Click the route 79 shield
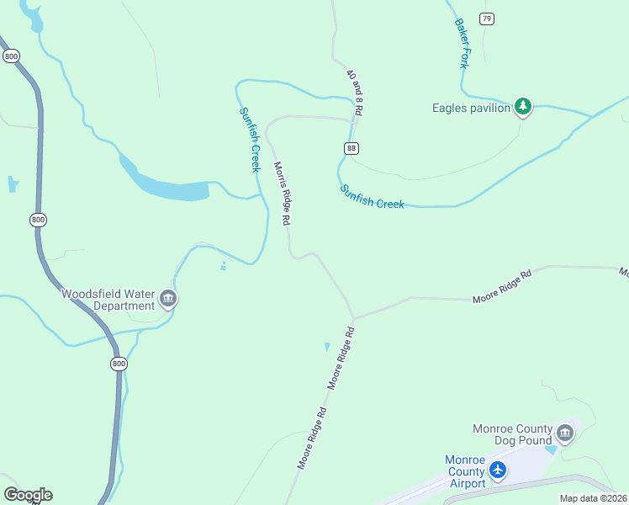(x=486, y=19)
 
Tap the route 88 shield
(x=351, y=148)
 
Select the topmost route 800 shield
(x=11, y=56)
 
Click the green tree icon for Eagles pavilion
(x=523, y=107)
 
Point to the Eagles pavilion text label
(x=471, y=108)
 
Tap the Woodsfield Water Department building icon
(x=168, y=299)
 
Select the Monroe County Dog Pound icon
(x=564, y=433)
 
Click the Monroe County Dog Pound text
(x=513, y=433)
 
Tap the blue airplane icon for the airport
(x=499, y=470)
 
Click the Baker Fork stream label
(x=462, y=43)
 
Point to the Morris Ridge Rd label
(x=282, y=193)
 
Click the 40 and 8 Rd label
(x=355, y=92)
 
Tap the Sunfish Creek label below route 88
(x=373, y=197)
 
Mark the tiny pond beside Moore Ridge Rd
(x=327, y=346)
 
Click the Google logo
(x=28, y=495)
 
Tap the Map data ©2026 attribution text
(x=593, y=498)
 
